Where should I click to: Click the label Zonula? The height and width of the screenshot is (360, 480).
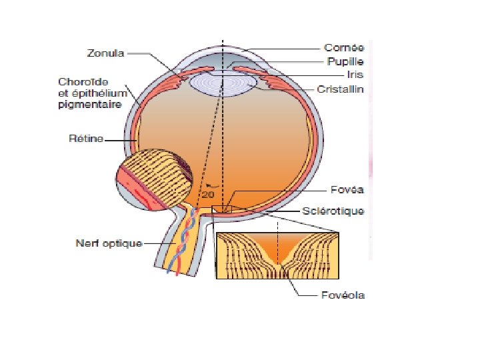(105, 52)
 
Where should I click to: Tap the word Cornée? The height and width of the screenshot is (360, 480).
(343, 48)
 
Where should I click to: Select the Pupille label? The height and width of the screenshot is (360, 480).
(344, 62)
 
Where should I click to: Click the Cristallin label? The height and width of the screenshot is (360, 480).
(341, 89)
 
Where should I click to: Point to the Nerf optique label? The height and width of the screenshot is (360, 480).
(108, 243)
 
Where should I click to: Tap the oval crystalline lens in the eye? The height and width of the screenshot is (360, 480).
(223, 84)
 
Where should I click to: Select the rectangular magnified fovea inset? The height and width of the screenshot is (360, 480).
(277, 255)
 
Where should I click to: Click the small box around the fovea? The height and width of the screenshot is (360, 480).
(221, 210)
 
